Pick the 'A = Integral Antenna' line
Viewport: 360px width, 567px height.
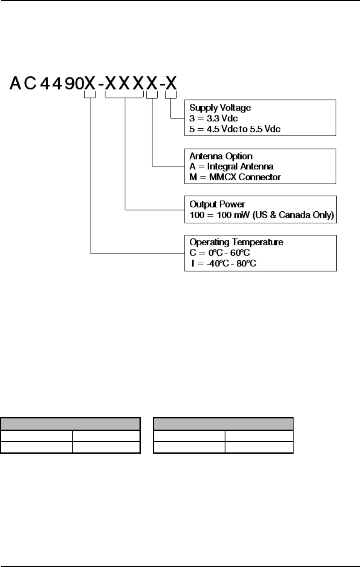pyautogui.click(x=225, y=166)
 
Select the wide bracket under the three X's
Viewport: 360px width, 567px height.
pyautogui.click(x=125, y=97)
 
